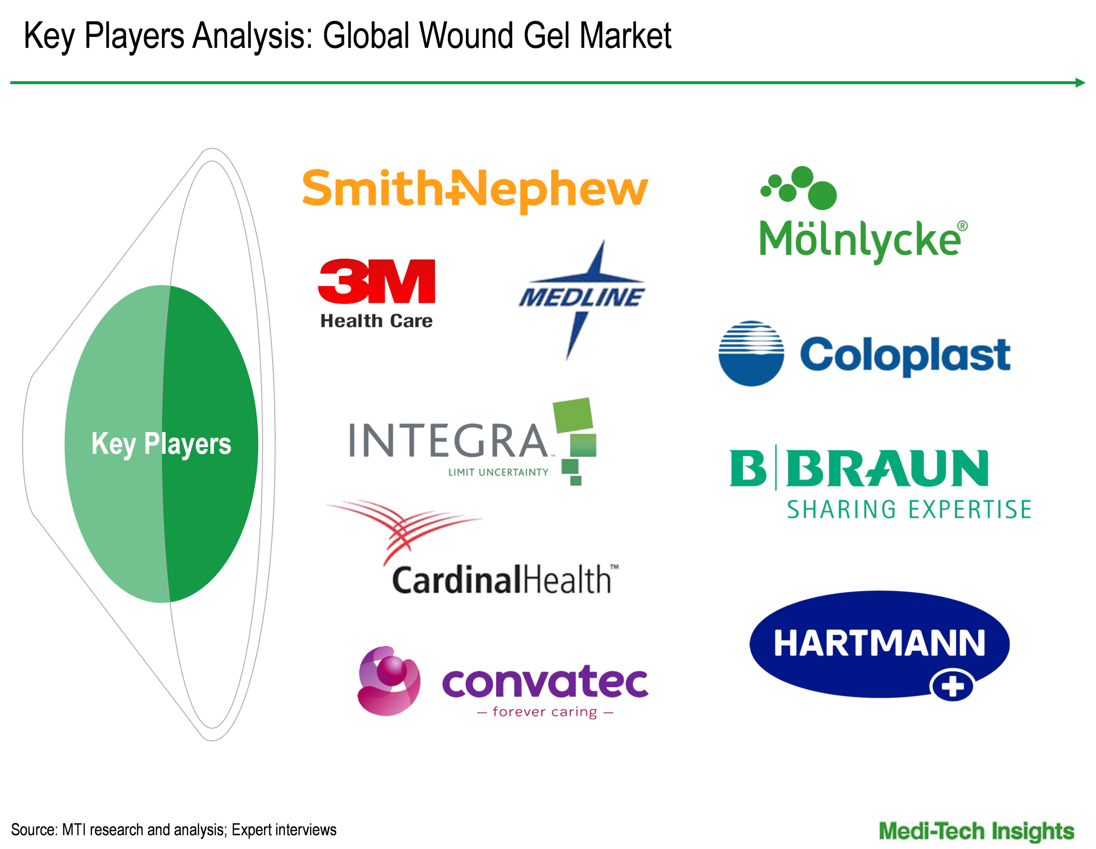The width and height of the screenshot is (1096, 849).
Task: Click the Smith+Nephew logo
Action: pos(475,190)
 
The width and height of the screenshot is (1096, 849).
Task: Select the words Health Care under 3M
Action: pos(376,321)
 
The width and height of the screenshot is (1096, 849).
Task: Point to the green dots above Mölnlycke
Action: pos(799,187)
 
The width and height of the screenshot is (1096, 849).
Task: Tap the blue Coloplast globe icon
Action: pos(751,353)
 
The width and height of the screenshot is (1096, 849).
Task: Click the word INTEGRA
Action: pos(449,440)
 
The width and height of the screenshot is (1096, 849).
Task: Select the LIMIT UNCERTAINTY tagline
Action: pos(498,472)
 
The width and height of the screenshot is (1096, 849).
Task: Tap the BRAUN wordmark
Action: pos(887,469)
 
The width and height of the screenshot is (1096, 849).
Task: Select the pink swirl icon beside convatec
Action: pos(389,680)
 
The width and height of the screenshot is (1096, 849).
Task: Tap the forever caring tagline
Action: pos(545,712)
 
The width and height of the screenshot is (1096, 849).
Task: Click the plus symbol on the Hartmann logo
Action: pos(952,686)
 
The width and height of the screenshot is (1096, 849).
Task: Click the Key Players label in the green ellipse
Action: pos(161,444)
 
